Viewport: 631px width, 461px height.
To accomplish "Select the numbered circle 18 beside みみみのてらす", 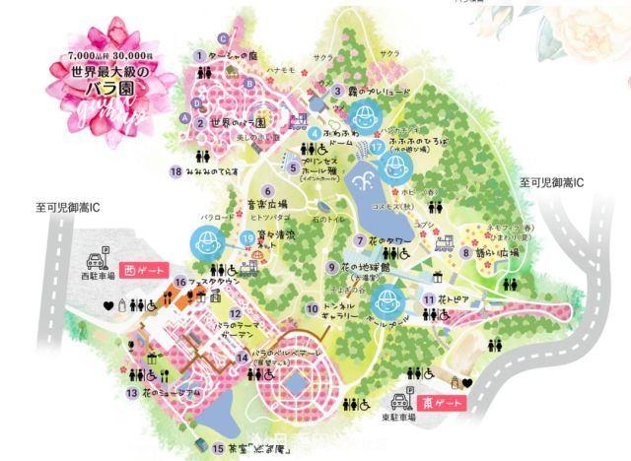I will coord(175,171).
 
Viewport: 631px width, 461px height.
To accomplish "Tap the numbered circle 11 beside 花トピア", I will coord(430,297).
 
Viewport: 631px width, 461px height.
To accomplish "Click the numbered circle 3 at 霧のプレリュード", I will coord(337,91).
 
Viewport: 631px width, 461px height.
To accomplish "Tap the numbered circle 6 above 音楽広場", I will coord(265,190).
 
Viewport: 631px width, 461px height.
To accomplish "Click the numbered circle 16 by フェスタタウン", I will coord(180,281).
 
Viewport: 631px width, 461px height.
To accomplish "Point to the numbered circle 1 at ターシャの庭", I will coord(199,55).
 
